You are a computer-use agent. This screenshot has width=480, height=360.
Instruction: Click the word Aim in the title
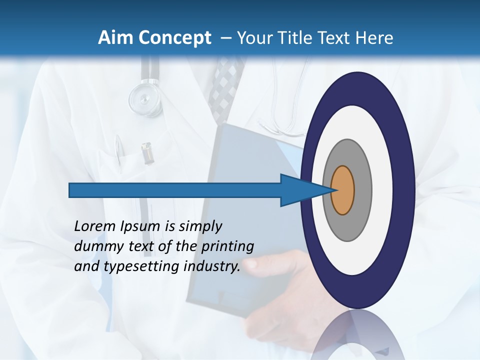tap(115, 38)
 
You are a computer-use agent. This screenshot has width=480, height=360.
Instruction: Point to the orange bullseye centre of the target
tap(343, 190)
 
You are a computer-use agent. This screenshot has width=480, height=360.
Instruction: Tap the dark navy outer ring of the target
tap(405, 190)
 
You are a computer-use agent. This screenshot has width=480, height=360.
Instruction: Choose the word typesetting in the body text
tap(141, 266)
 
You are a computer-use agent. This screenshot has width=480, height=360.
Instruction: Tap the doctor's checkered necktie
tap(222, 85)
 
